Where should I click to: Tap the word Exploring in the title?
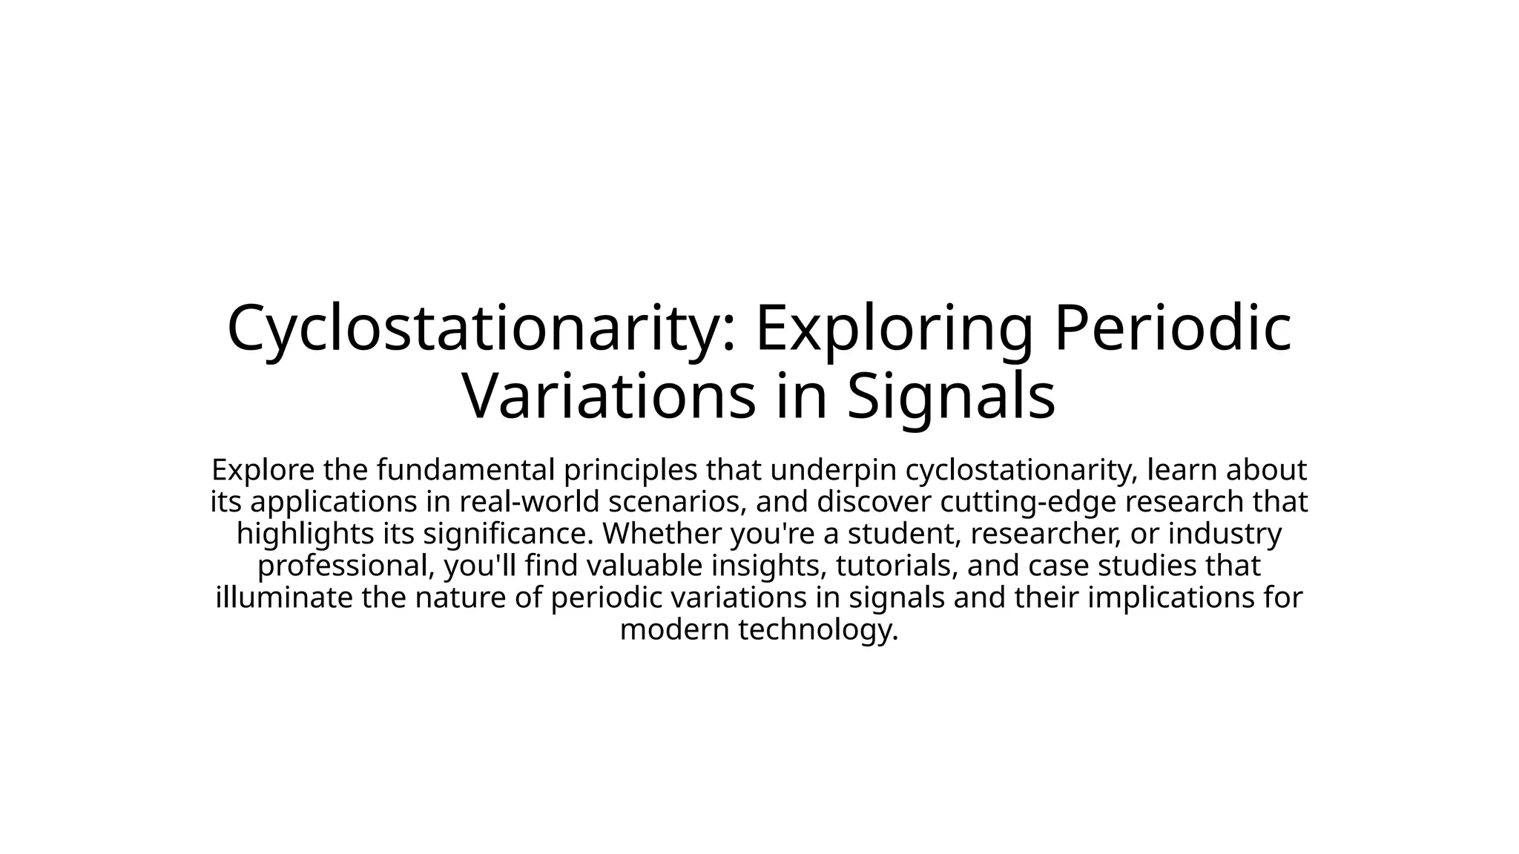pyautogui.click(x=893, y=328)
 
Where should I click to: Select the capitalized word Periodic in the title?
pyautogui.click(x=1172, y=328)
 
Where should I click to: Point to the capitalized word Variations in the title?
pyautogui.click(x=608, y=396)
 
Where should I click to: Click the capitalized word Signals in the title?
pyautogui.click(x=951, y=396)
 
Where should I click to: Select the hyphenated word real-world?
pyautogui.click(x=529, y=502)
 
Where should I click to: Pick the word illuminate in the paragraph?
pyautogui.click(x=284, y=598)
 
